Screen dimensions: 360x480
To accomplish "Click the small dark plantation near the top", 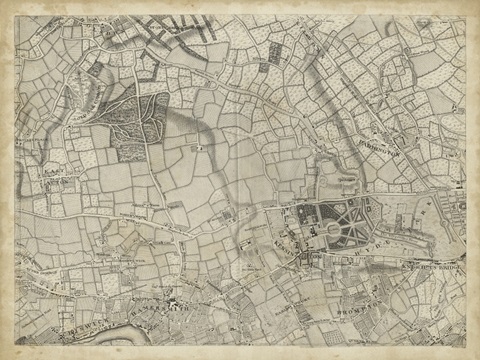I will click(268, 64).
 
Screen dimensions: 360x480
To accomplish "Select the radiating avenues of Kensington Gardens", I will click(345, 215).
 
